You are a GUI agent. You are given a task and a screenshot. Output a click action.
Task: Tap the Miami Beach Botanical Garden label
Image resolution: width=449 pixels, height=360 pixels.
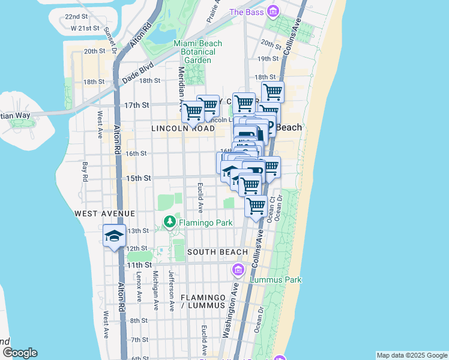pos(197,52)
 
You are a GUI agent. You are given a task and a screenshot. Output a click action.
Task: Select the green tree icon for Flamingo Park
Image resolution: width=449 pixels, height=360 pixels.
pos(170,223)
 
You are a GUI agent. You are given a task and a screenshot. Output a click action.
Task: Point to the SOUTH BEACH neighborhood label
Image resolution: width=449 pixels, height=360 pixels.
pos(217,252)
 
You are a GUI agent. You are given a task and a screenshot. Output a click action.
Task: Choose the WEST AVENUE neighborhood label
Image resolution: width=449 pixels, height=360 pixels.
pos(104,214)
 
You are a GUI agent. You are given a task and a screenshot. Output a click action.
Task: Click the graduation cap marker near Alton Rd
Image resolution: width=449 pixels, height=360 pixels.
pos(113,236)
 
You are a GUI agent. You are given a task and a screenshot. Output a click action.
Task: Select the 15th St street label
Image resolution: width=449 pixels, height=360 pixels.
pos(137,178)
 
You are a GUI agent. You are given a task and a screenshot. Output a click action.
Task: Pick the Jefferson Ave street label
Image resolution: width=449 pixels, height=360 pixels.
pos(171,290)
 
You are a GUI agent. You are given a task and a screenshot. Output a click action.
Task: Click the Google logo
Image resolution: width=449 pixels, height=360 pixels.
pos(20,353)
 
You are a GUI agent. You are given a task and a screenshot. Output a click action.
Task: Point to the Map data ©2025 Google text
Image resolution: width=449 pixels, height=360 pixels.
pos(411,355)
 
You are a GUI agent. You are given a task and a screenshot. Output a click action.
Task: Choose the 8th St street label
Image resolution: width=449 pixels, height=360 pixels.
pos(139,322)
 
